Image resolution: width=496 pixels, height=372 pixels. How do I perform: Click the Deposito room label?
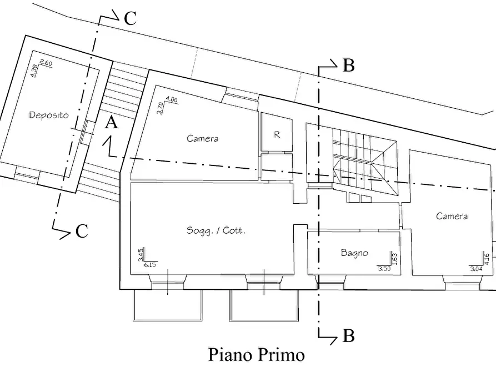tap(49, 115)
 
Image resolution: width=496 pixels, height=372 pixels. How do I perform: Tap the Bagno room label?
tap(354, 253)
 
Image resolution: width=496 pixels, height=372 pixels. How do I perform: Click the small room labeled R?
tap(277, 134)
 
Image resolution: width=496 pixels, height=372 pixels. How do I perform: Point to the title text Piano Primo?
tap(256, 354)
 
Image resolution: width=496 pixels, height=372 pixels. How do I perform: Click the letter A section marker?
tap(112, 123)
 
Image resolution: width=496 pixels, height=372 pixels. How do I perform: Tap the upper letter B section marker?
tap(348, 66)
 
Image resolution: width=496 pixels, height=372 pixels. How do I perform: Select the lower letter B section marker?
tap(348, 335)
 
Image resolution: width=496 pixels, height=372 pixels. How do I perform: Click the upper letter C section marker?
tap(130, 19)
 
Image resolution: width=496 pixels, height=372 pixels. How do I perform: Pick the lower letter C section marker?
tap(82, 231)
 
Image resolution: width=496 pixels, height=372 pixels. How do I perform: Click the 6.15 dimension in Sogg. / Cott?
tap(150, 265)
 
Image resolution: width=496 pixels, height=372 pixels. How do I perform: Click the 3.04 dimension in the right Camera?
tap(476, 269)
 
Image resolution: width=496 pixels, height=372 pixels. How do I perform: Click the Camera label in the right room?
tap(452, 216)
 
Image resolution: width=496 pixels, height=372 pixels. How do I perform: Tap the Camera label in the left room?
tap(202, 138)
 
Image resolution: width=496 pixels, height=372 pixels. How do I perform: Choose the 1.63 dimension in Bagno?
tap(394, 258)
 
